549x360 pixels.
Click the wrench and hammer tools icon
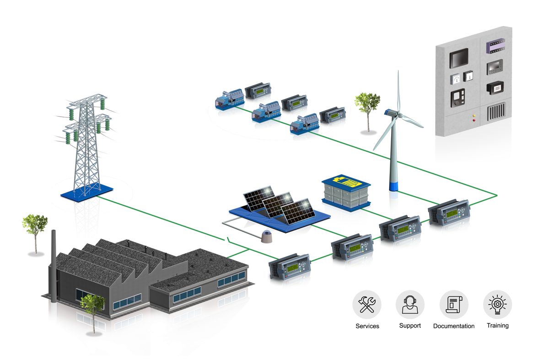click(x=366, y=305)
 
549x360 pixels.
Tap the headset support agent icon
click(x=410, y=305)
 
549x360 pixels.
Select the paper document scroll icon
click(x=454, y=305)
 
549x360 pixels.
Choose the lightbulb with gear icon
click(x=497, y=305)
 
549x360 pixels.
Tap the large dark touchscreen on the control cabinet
click(x=459, y=59)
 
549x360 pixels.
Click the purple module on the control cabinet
click(x=497, y=45)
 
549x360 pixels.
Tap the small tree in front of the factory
click(x=92, y=306)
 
